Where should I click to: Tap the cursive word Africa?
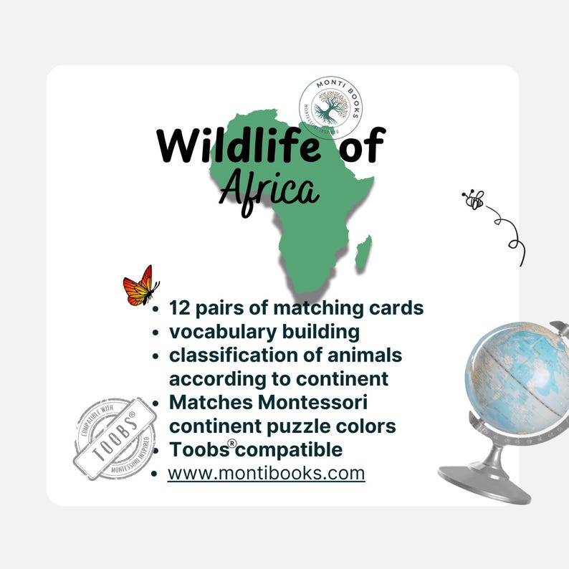pyautogui.click(x=269, y=189)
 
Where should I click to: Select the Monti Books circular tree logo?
pyautogui.click(x=329, y=107)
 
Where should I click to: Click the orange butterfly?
pyautogui.click(x=141, y=286)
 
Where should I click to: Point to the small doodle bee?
pyautogui.click(x=474, y=200)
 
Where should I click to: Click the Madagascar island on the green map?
pyautogui.click(x=363, y=252)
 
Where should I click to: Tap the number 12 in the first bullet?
pyautogui.click(x=179, y=308)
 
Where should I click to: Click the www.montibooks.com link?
pyautogui.click(x=267, y=474)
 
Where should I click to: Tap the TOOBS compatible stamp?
pyautogui.click(x=115, y=438)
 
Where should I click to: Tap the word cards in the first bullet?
pyautogui.click(x=397, y=308)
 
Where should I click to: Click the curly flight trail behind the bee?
pyautogui.click(x=510, y=229)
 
